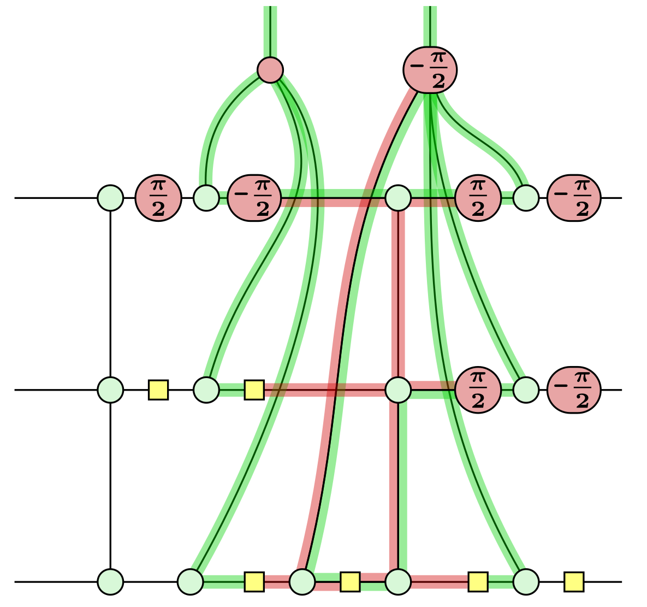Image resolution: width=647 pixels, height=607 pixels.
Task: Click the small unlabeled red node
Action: (x=270, y=70)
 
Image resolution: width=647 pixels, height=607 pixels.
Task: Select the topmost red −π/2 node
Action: (x=430, y=70)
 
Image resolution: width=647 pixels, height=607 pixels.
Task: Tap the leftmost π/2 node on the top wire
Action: (x=158, y=198)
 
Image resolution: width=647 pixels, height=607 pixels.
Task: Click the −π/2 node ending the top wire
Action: (x=574, y=198)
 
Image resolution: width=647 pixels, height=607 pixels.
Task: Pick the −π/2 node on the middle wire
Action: (x=574, y=390)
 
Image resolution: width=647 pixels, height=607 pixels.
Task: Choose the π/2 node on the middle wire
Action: (x=478, y=390)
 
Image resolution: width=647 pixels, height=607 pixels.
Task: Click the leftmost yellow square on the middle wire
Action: (x=158, y=390)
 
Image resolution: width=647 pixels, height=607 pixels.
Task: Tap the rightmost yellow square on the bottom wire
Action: (x=574, y=582)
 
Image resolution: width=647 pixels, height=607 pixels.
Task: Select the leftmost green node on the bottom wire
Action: (x=110, y=582)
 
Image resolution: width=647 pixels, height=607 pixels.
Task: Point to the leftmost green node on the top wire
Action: (x=110, y=198)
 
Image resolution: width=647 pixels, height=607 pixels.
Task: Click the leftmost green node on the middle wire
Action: (x=110, y=390)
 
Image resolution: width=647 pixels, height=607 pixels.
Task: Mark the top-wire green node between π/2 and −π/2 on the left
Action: (x=206, y=198)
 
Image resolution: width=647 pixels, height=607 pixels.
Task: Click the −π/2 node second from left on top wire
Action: (x=254, y=198)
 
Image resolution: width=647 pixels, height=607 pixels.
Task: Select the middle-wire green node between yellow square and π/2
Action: (x=398, y=390)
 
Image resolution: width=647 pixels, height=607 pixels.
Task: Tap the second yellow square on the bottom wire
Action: (x=350, y=582)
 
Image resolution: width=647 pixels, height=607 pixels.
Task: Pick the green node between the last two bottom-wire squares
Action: (x=526, y=582)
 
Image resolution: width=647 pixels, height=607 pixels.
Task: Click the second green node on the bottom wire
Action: (x=191, y=582)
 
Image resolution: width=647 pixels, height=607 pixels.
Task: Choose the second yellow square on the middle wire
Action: (x=254, y=390)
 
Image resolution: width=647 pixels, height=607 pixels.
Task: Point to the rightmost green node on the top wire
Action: (x=526, y=198)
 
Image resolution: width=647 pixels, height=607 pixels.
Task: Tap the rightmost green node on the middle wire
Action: (x=526, y=390)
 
